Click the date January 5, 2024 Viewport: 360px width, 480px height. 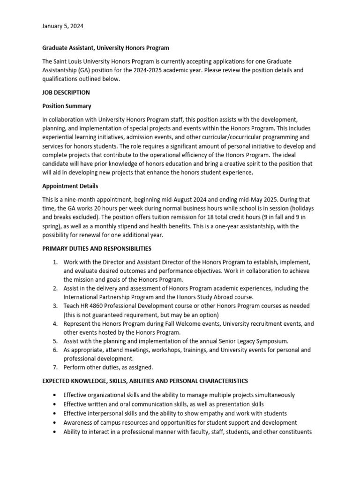(x=63, y=26)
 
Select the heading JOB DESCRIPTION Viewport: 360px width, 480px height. (x=66, y=92)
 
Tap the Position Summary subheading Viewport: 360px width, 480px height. (x=67, y=106)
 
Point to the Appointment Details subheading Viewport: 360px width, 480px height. (x=70, y=186)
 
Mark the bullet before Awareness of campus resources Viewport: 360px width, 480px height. (x=56, y=423)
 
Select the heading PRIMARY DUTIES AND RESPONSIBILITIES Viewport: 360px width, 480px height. (x=97, y=248)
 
